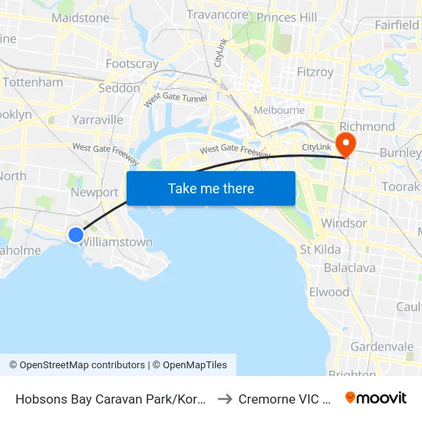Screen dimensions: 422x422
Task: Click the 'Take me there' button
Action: (211, 188)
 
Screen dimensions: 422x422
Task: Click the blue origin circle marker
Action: (76, 235)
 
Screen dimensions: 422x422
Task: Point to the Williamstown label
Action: (117, 242)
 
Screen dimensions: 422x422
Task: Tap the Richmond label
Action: (367, 127)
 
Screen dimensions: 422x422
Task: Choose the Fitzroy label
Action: (315, 72)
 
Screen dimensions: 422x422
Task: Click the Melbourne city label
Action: (279, 110)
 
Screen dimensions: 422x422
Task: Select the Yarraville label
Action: (97, 120)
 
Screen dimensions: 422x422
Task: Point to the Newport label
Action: (94, 193)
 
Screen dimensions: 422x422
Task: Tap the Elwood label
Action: (328, 292)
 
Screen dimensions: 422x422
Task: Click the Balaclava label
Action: (349, 268)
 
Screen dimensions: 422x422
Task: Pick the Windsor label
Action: (344, 223)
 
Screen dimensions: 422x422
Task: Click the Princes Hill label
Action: (287, 17)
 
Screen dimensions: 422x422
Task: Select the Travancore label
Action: (218, 15)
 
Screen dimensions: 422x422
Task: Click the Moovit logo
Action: (376, 398)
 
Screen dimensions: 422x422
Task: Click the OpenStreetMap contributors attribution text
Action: (77, 365)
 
